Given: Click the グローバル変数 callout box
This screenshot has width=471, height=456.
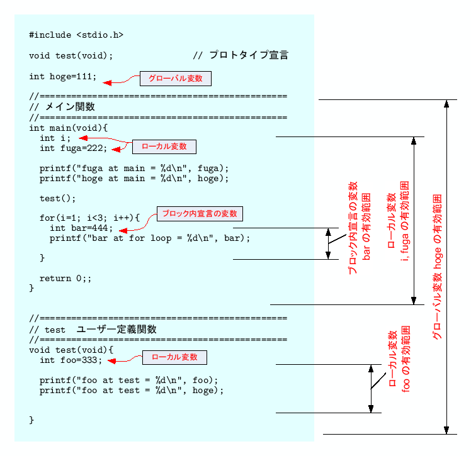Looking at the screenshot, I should pos(175,79).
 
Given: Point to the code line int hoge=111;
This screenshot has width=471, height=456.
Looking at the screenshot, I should pos(63,77).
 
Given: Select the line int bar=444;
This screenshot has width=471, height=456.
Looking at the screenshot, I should pos(82,228).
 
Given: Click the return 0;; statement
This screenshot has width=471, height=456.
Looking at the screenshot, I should pos(65,278).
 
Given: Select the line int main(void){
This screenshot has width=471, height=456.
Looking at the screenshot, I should pos(69,128).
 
